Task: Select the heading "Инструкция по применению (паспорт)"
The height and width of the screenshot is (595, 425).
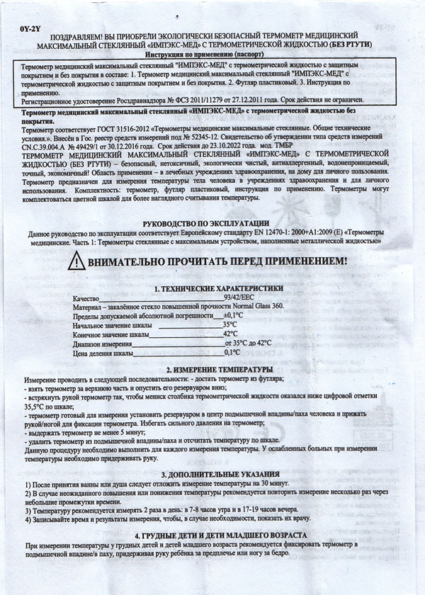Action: coord(213,54)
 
